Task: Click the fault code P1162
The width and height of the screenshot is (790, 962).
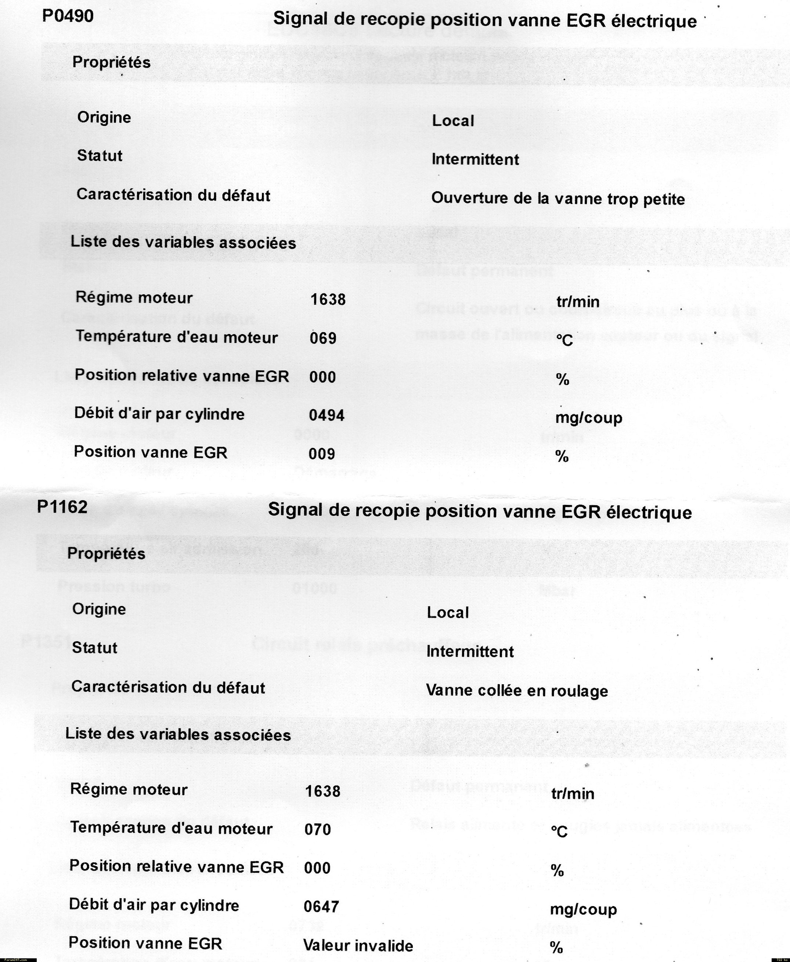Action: [x=62, y=507]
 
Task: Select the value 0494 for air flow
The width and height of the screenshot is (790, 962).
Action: [x=326, y=415]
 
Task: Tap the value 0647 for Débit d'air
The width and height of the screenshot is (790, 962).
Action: [x=321, y=907]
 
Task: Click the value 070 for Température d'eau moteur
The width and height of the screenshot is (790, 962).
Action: [x=318, y=829]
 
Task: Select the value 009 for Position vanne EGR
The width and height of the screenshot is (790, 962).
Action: [x=322, y=453]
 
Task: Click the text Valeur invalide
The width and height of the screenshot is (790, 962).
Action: [x=358, y=945]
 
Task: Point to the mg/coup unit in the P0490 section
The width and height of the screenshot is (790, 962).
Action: [x=589, y=417]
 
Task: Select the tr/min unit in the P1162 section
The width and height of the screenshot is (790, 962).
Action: [x=573, y=794]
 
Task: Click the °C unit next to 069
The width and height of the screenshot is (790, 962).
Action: [x=564, y=340]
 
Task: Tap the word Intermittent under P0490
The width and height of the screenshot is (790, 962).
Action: [x=475, y=159]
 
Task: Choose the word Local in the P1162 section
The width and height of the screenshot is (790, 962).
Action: [x=448, y=612]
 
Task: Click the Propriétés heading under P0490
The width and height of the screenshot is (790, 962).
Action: [x=112, y=62]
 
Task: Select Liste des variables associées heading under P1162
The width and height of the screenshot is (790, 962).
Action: [x=178, y=734]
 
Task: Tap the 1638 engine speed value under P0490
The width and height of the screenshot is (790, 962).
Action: [x=328, y=299]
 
